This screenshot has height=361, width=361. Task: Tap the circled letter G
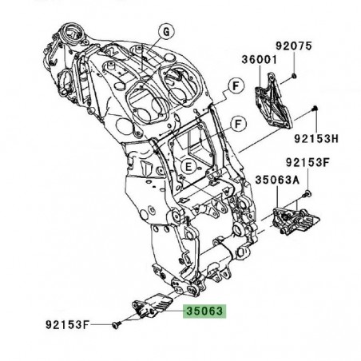pos(166,31)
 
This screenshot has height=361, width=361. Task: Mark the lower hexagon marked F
pos(236,123)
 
